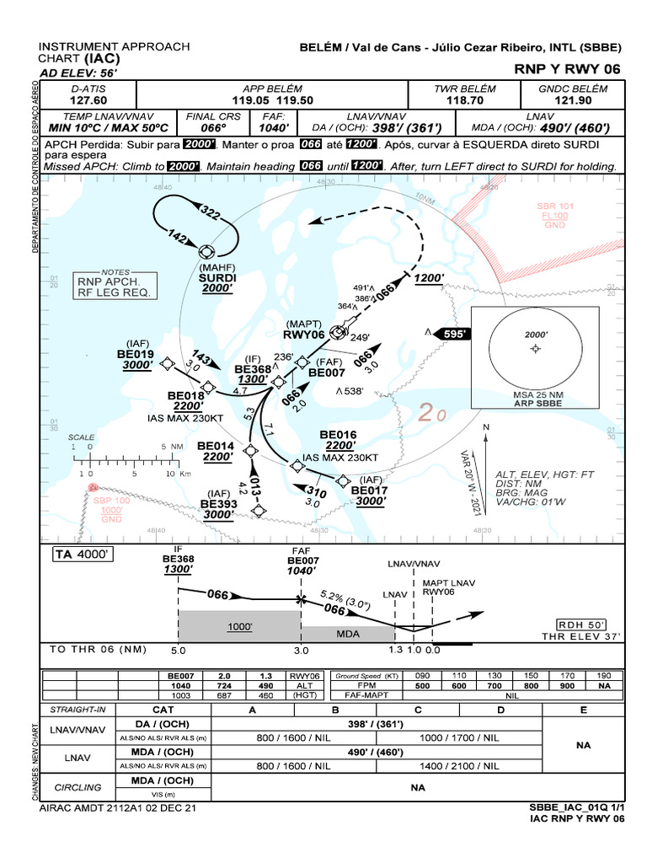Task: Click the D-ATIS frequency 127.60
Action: click(x=88, y=99)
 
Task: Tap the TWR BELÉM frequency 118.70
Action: click(x=464, y=99)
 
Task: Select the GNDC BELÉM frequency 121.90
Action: click(x=573, y=99)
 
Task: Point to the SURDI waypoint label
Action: click(x=217, y=277)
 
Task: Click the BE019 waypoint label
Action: click(x=135, y=355)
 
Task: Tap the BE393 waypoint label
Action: click(x=218, y=503)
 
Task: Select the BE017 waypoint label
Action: click(x=369, y=490)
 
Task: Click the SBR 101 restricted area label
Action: click(x=555, y=206)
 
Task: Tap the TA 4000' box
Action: click(x=83, y=554)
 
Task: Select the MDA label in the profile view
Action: click(x=348, y=632)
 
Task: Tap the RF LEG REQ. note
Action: click(x=114, y=292)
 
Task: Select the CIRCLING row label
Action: click(x=78, y=787)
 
